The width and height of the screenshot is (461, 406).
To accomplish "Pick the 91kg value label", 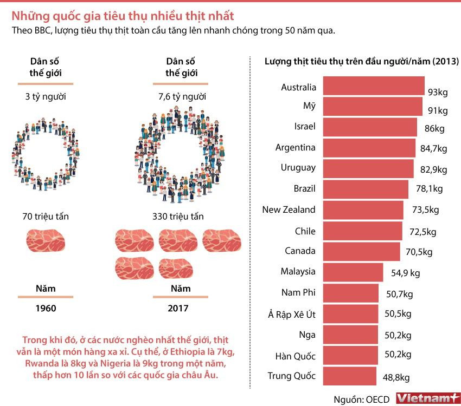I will pyautogui.click(x=438, y=111).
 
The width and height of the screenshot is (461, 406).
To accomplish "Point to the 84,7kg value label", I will pyautogui.click(x=433, y=148).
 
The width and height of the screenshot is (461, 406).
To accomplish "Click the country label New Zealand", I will pyautogui.click(x=289, y=209).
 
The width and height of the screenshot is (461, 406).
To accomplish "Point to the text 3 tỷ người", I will pyautogui.click(x=46, y=97).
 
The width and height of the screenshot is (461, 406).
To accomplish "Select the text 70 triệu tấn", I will pyautogui.click(x=46, y=217).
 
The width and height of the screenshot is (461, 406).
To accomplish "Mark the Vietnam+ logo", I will pyautogui.click(x=427, y=398).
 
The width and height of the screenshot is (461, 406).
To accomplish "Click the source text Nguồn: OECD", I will pyautogui.click(x=361, y=399).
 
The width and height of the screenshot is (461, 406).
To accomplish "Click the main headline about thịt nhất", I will pyautogui.click(x=123, y=15).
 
